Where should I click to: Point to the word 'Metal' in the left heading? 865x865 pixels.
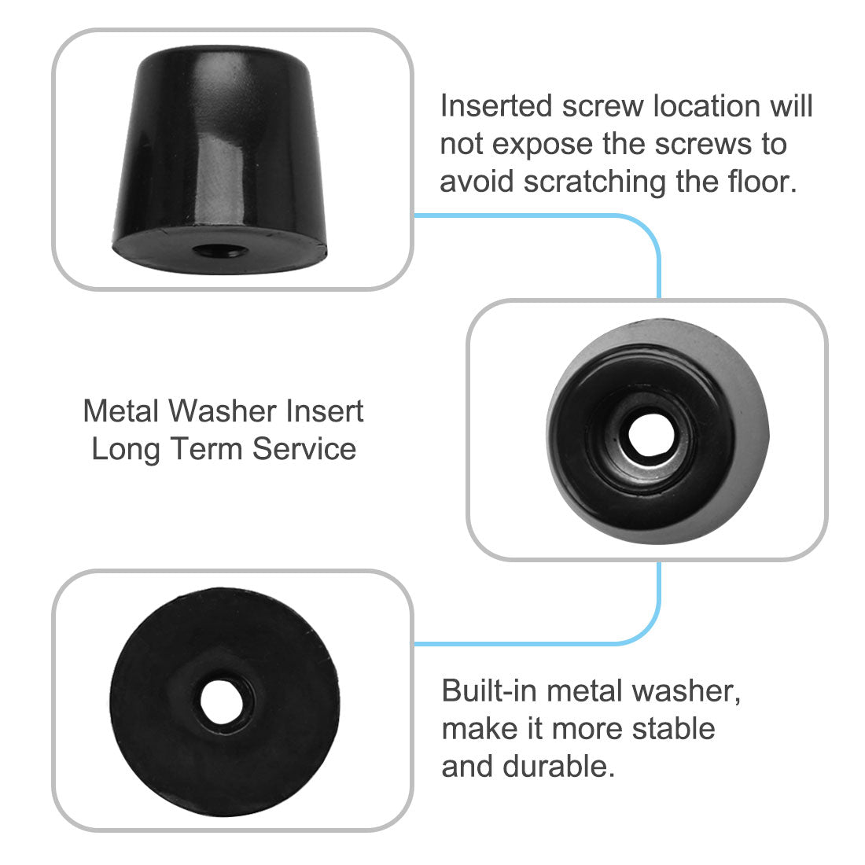point(121,411)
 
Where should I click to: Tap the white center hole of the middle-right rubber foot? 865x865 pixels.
point(646,433)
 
